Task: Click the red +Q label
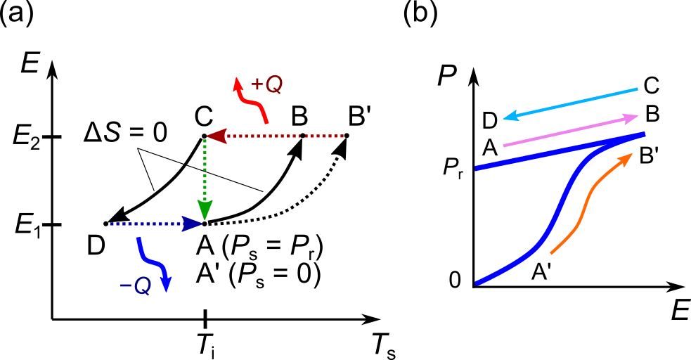266,85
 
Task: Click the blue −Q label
135,286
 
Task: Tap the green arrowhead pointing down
205,210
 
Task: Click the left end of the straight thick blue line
477,168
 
